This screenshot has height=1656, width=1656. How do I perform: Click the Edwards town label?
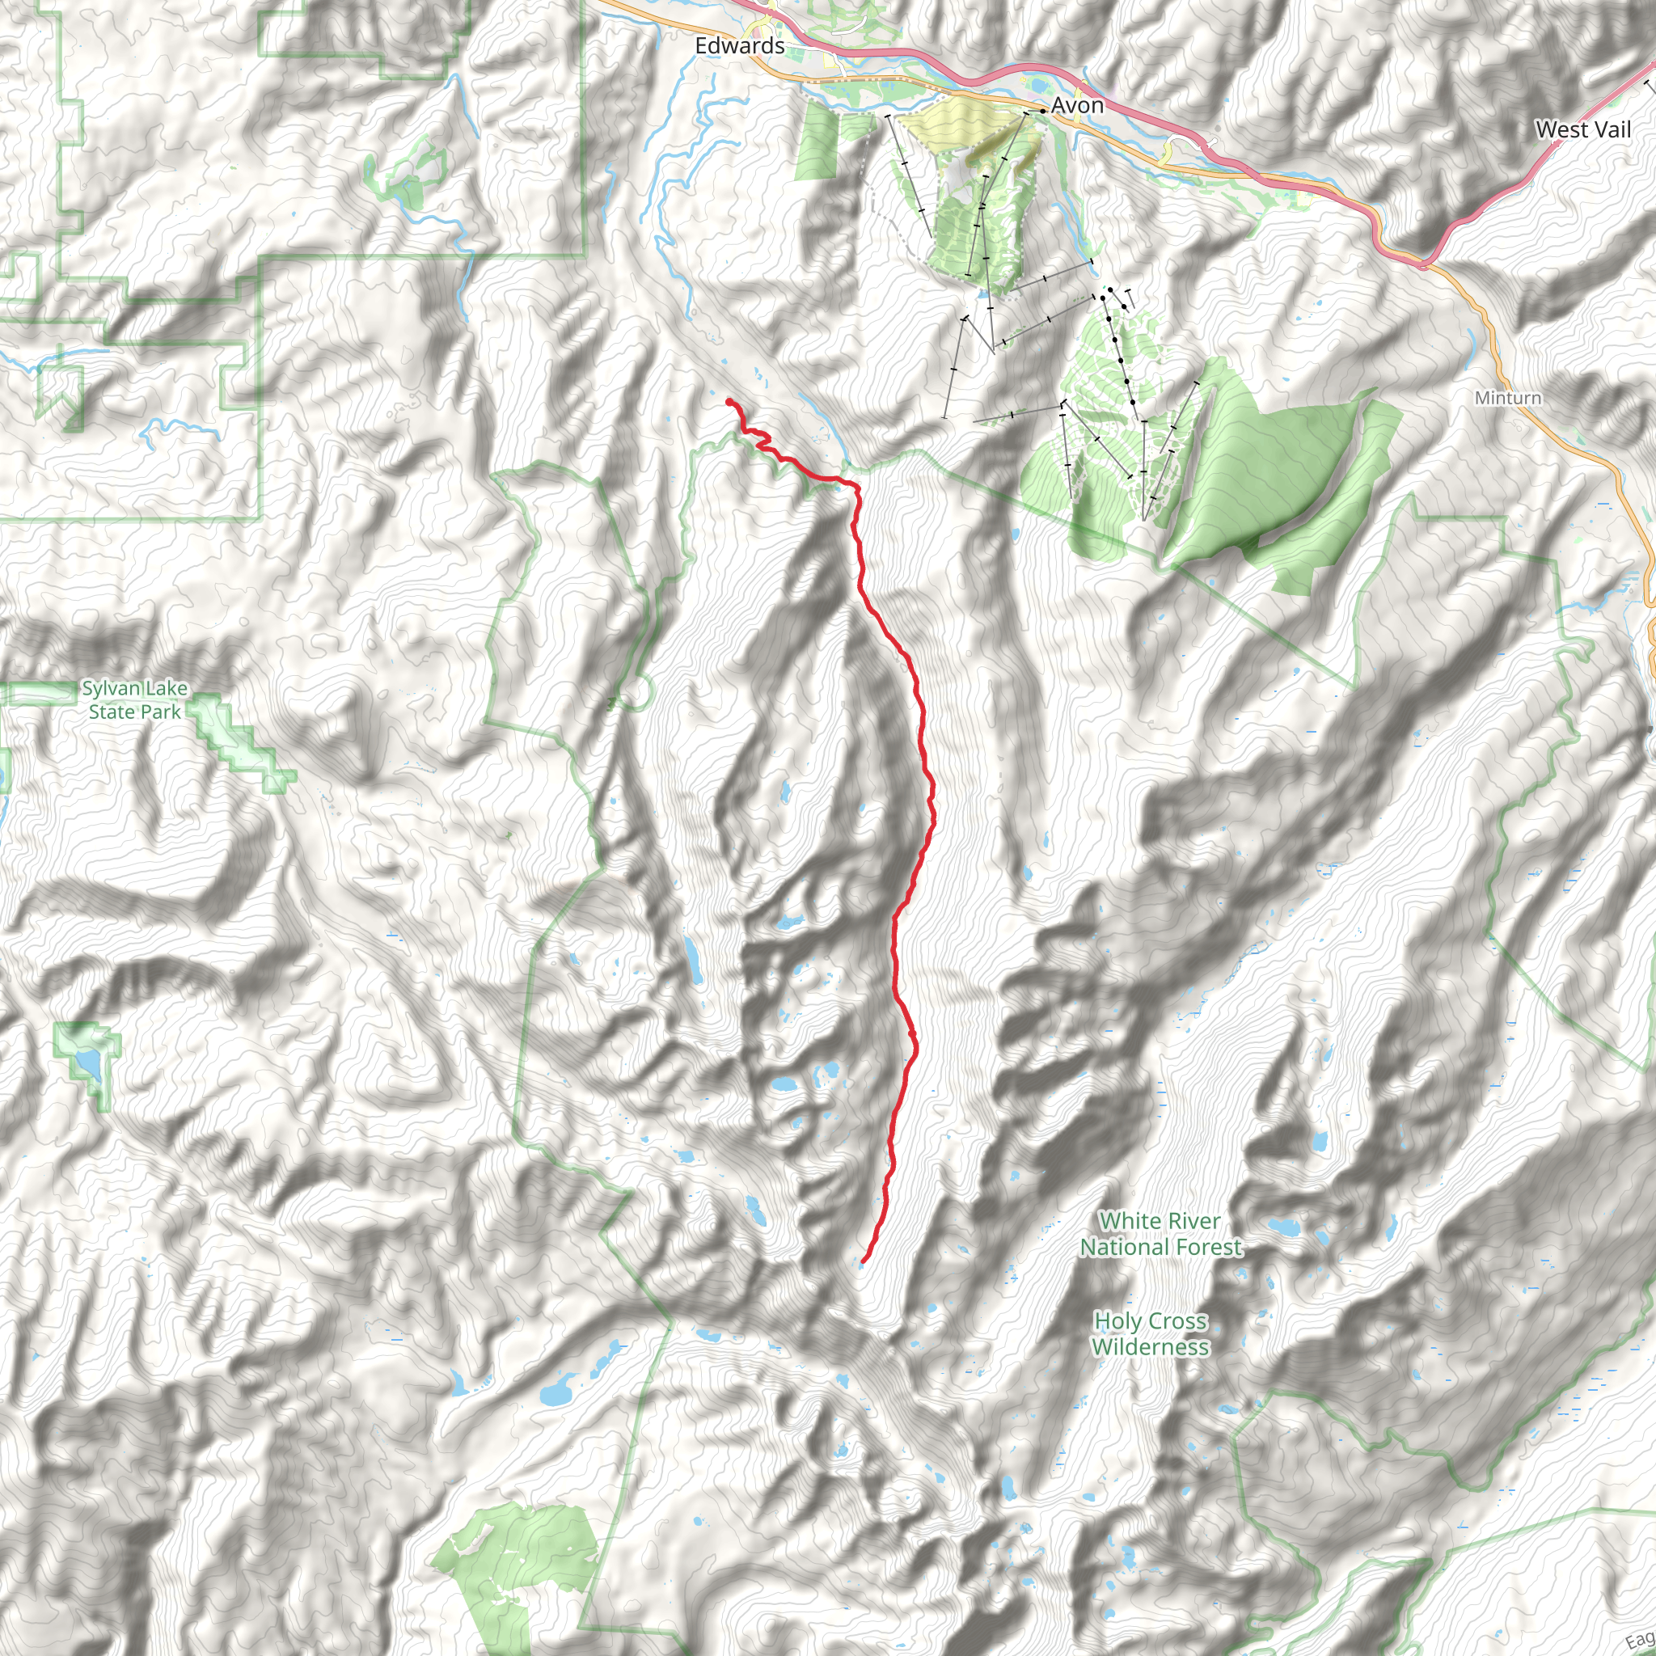739,45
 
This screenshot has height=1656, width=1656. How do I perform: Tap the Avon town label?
1076,105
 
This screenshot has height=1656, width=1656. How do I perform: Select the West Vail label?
1582,129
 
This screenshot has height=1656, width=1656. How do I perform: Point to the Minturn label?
1508,398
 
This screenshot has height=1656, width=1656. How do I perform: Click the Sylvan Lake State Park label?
134,700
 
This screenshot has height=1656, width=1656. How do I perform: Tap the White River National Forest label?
1160,1233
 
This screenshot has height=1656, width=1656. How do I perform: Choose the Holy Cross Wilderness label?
1151,1333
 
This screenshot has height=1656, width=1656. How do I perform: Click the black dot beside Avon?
1041,111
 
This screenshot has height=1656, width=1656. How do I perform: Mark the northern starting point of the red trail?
729,401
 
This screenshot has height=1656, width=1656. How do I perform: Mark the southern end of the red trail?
862,1261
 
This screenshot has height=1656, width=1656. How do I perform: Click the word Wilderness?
1151,1346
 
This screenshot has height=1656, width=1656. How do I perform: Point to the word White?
1130,1220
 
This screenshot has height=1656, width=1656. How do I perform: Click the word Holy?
1114,1321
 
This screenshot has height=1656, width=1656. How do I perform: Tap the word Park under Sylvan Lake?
162,712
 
